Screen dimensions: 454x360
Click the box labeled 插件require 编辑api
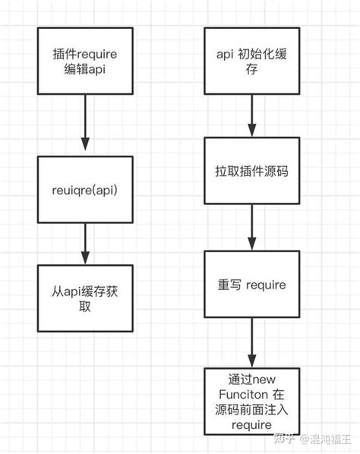coord(85,63)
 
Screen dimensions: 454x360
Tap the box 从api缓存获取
coord(85,297)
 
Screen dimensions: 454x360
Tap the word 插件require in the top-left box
coord(85,54)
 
